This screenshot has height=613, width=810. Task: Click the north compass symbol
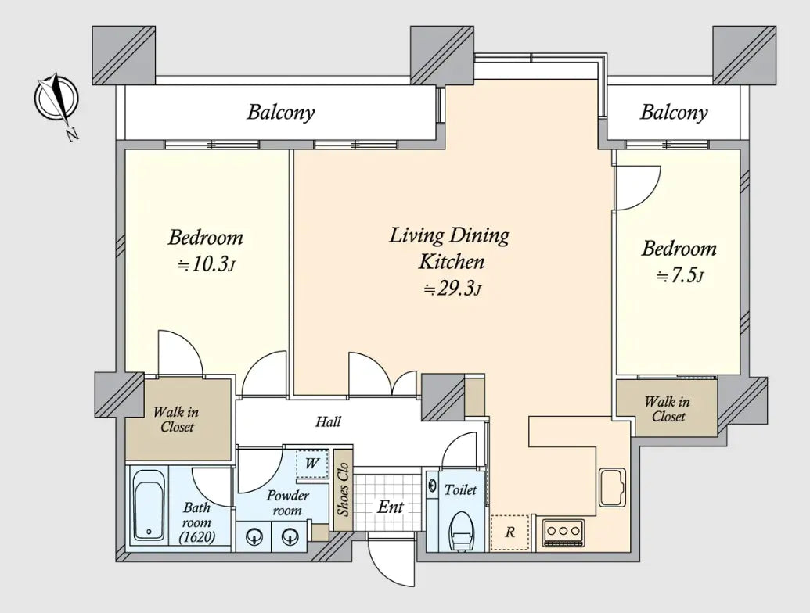(56, 99)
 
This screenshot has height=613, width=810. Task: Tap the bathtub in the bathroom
(149, 506)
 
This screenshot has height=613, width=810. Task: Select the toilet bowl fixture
(461, 532)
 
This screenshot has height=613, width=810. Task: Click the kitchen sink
(612, 487)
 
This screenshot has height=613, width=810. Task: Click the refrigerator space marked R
(509, 532)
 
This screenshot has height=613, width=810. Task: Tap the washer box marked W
(312, 464)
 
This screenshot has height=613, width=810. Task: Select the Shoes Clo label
(343, 489)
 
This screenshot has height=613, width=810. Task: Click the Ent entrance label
(390, 507)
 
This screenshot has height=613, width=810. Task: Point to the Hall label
(329, 422)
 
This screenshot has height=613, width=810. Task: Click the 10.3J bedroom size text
(207, 265)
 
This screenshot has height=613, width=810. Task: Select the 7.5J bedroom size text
(680, 277)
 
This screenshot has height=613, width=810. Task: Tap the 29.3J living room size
(452, 289)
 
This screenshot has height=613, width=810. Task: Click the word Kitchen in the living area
(452, 262)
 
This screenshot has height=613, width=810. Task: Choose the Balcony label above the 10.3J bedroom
(280, 112)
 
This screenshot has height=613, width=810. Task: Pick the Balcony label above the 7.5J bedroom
(674, 112)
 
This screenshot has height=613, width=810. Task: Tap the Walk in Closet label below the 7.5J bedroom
(668, 409)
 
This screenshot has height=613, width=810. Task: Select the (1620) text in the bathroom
(196, 537)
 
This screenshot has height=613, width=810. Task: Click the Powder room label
(287, 503)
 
